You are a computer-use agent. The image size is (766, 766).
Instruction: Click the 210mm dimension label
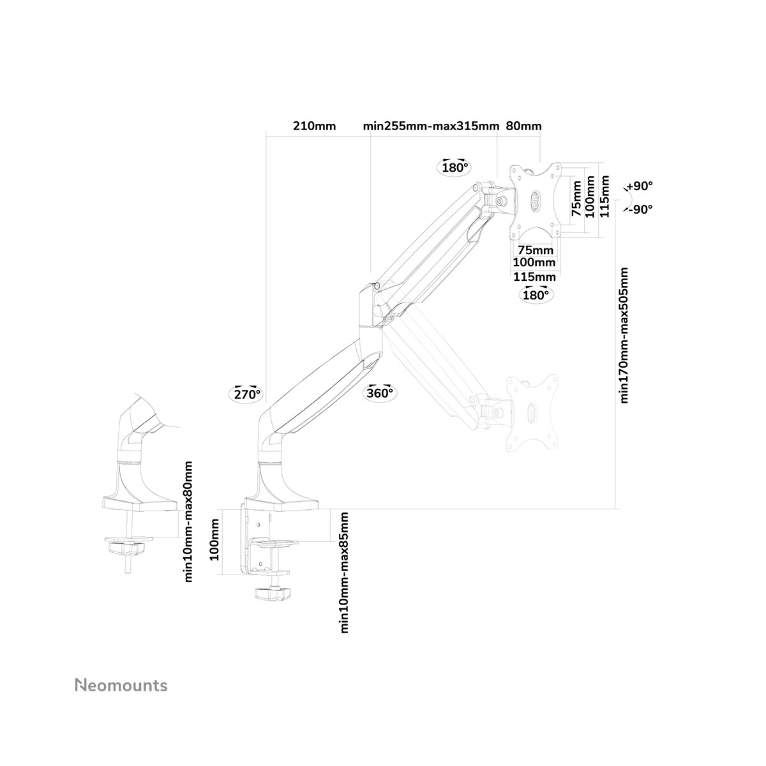click(314, 126)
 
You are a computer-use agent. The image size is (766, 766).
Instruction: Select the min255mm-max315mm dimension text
click(431, 126)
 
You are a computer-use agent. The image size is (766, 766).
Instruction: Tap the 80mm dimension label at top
click(523, 126)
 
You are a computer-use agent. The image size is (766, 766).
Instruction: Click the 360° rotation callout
click(380, 393)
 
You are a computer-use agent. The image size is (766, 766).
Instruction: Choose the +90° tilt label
click(640, 186)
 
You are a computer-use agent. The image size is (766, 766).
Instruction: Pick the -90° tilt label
click(640, 209)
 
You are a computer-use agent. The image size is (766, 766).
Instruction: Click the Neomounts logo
click(121, 686)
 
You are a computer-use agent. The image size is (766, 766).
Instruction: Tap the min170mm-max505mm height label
click(624, 335)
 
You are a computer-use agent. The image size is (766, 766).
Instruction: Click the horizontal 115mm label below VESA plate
click(534, 276)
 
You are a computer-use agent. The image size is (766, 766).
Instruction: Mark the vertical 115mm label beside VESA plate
click(605, 196)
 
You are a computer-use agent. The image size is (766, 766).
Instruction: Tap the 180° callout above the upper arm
click(454, 167)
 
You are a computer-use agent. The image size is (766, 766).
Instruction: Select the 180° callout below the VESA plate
click(536, 294)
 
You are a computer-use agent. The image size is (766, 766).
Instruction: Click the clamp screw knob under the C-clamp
click(272, 605)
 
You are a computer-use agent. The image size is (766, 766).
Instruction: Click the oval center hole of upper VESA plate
click(535, 200)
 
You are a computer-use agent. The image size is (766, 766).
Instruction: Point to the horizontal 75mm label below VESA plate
click(535, 250)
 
